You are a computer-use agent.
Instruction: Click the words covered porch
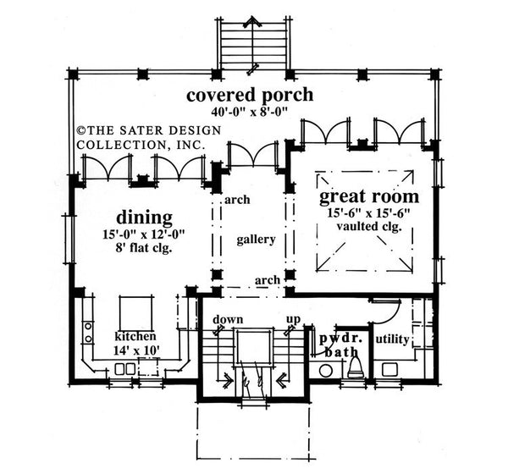coord(250,95)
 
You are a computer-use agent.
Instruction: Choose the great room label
coord(368,198)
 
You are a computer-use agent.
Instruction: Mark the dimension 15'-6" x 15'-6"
coord(368,215)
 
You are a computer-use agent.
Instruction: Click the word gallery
coord(256,240)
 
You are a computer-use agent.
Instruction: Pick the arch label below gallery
coord(268,279)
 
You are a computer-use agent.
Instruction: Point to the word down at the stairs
coord(229,320)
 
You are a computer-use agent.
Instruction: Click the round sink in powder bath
coord(325,370)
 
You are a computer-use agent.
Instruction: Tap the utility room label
coord(393,339)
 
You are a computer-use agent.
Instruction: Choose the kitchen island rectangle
coord(134,315)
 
